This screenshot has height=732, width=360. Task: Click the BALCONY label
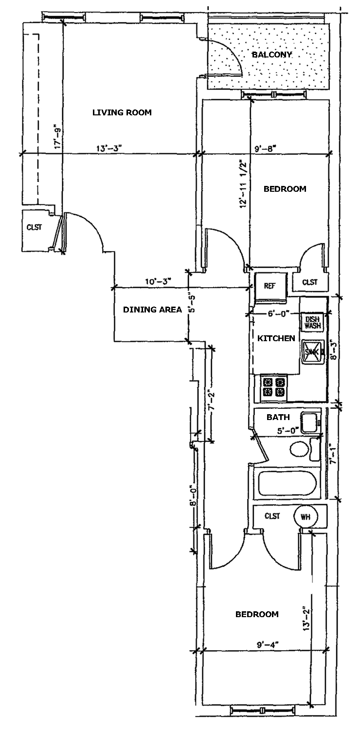coord(271,55)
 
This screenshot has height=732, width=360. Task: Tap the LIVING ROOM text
coord(122,112)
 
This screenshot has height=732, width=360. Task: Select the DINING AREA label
coord(152,310)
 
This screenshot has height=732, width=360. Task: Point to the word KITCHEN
coord(276,338)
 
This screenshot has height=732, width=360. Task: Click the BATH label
coord(278,417)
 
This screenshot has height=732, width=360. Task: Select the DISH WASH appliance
coord(312,323)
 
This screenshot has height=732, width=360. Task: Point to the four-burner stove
coord(273,387)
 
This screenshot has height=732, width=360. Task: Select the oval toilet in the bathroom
coord(299,449)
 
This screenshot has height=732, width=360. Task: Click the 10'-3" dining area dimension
coord(157,281)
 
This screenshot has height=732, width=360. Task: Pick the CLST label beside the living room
coord(34,227)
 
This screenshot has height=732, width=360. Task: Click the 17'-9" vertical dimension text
coord(58,138)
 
